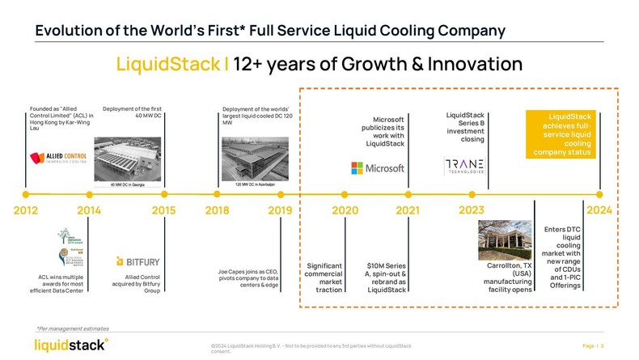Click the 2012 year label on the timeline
(x=26, y=211)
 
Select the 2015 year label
(x=164, y=211)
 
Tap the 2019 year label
(x=280, y=211)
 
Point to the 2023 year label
(x=471, y=211)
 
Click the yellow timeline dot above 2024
(x=599, y=194)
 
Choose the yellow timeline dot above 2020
(x=345, y=194)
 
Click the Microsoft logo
(x=378, y=168)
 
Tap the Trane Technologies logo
(x=465, y=167)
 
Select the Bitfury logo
(x=138, y=261)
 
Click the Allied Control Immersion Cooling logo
(x=59, y=158)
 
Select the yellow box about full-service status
(x=563, y=133)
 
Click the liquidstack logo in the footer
(x=70, y=345)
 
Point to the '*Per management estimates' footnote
(x=72, y=328)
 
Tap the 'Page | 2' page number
(x=593, y=345)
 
